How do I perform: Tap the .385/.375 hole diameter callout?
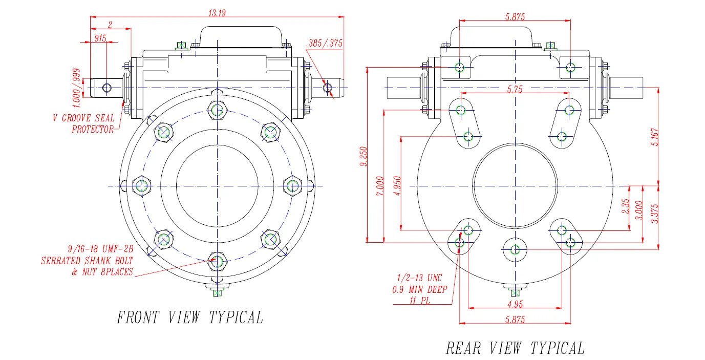click(x=324, y=44)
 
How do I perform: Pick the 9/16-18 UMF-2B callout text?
click(x=100, y=249)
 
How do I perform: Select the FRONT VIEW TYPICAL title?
click(x=190, y=317)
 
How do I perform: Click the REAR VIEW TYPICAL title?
click(x=515, y=349)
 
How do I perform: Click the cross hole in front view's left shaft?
click(x=106, y=88)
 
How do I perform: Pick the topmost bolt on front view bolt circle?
click(x=217, y=109)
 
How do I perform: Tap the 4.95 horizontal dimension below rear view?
click(x=516, y=305)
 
